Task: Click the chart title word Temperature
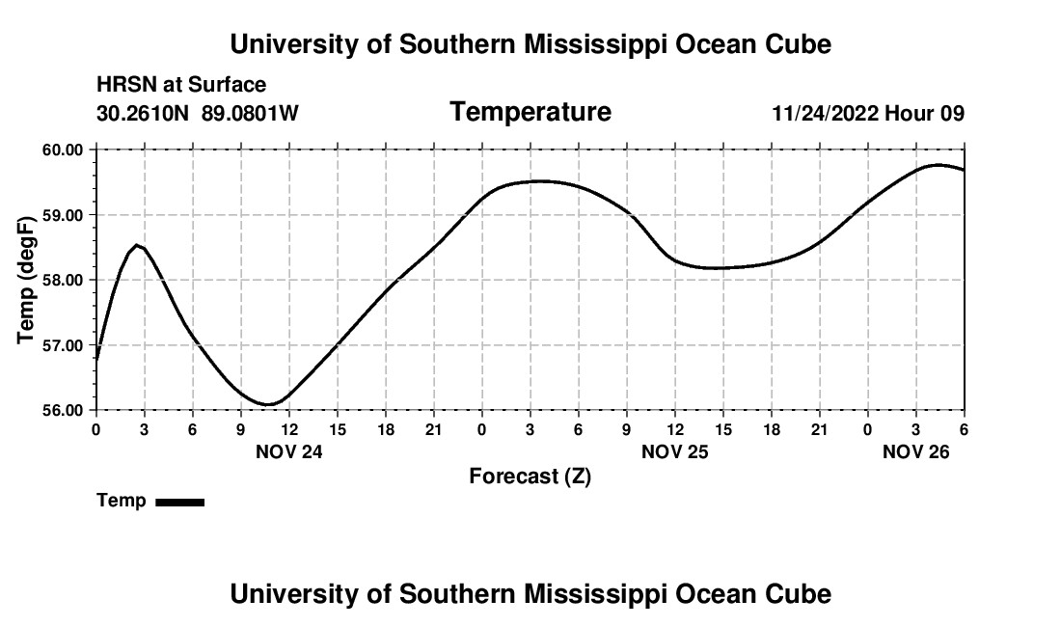(530, 113)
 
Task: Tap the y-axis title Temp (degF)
(27, 280)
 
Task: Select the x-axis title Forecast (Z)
(530, 477)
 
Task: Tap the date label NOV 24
(288, 451)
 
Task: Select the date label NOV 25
(674, 451)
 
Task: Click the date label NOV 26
(915, 451)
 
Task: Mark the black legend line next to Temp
(179, 502)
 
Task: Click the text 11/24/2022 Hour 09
(868, 114)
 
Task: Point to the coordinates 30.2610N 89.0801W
(198, 114)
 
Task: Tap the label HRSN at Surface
(181, 86)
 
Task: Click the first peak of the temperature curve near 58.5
(139, 245)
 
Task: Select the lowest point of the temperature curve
(270, 404)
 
